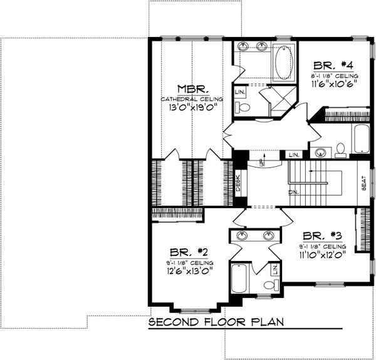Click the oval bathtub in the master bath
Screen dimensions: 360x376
coord(283,63)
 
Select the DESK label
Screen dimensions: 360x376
coord(238,183)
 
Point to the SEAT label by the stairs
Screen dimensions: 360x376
coord(363,183)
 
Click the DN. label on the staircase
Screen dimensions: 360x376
coord(292,192)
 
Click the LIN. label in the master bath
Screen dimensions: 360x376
coord(241,92)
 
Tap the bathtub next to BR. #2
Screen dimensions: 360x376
coord(239,278)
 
